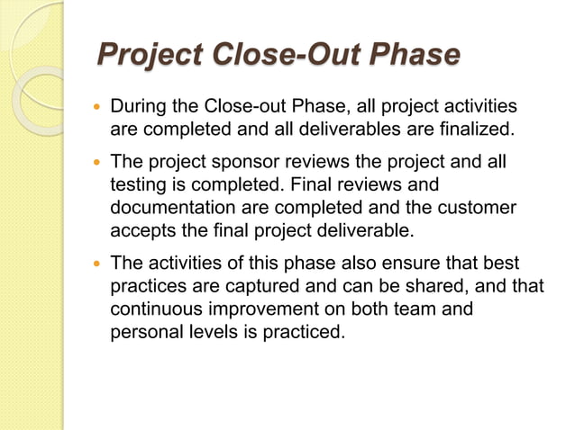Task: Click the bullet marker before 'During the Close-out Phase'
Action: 97,109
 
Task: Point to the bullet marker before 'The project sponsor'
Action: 97,163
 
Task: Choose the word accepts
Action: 141,230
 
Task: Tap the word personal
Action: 144,332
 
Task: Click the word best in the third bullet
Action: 502,264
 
